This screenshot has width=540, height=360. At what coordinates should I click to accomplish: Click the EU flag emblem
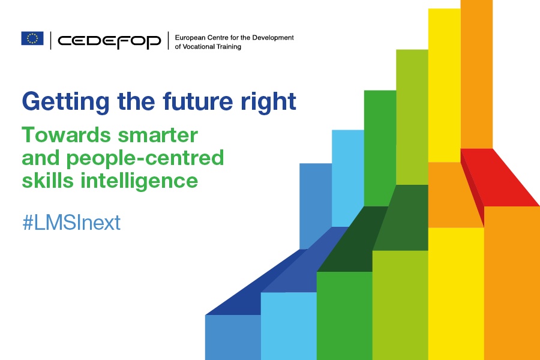click(x=32, y=38)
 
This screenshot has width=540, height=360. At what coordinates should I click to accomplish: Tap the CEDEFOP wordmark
click(x=109, y=41)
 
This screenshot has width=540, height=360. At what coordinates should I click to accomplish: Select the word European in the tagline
click(x=190, y=38)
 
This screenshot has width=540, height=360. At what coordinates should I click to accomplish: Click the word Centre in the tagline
click(x=217, y=38)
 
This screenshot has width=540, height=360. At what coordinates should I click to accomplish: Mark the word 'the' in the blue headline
click(x=136, y=101)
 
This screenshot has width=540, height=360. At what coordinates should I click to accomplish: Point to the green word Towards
click(x=66, y=134)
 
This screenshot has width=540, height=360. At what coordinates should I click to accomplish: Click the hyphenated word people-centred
click(x=145, y=158)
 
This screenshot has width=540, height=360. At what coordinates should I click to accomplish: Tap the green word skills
click(x=47, y=181)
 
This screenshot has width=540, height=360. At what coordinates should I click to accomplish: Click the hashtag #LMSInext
click(x=71, y=223)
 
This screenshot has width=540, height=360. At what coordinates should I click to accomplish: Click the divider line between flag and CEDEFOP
click(x=50, y=40)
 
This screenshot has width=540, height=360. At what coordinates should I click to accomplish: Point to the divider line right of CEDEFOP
click(x=169, y=40)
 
